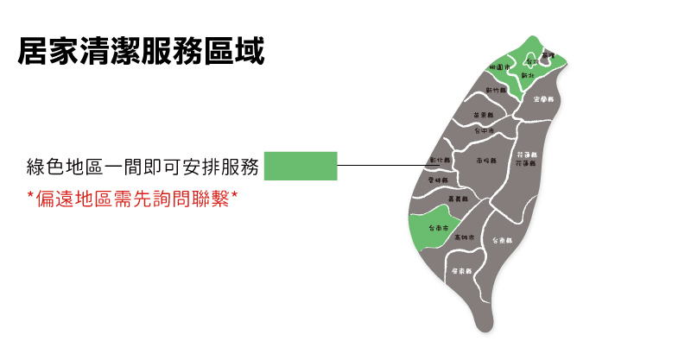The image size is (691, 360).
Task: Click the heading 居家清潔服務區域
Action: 141,49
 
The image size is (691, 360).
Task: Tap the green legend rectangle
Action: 300,166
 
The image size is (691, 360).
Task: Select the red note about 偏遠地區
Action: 132,199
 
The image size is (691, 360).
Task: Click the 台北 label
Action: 533,62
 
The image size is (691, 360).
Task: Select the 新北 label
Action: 529,76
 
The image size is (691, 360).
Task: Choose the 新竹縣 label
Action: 496,89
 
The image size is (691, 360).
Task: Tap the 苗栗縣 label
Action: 483,115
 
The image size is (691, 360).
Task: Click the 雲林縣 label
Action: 438,180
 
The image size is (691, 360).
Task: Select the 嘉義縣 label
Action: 460,199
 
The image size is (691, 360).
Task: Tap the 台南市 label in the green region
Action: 437,228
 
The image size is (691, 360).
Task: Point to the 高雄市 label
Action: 464,237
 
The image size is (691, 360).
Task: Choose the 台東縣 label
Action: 502,240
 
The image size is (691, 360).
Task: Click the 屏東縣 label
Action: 462,271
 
